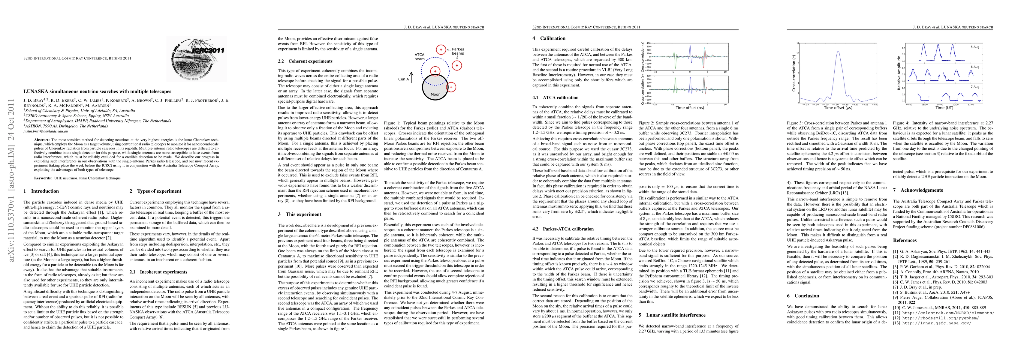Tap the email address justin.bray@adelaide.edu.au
click(x=45, y=131)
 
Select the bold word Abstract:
click(x=41, y=140)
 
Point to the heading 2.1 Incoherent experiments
click(x=158, y=272)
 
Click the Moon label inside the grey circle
click(x=435, y=94)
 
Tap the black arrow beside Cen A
click(x=411, y=77)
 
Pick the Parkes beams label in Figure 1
click(x=458, y=51)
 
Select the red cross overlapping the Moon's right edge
click(x=451, y=87)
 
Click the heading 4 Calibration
click(x=549, y=38)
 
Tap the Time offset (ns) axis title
click(x=690, y=107)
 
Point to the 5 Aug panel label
click(x=983, y=47)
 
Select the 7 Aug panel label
click(x=983, y=86)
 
